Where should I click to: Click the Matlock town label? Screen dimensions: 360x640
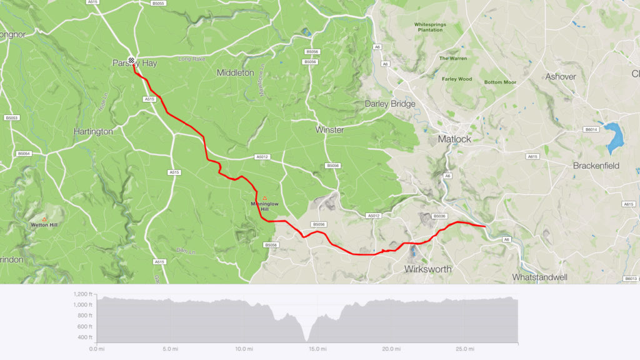(454, 139)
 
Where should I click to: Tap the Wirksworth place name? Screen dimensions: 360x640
(428, 269)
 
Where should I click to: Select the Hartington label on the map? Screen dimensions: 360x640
(93, 132)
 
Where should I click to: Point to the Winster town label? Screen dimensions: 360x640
(329, 130)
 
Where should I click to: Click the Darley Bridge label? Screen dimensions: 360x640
(390, 104)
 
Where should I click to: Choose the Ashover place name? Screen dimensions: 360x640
(560, 76)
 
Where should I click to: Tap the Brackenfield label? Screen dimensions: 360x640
(596, 166)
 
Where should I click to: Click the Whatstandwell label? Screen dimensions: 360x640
(539, 276)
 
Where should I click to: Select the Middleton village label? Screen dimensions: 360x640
(235, 72)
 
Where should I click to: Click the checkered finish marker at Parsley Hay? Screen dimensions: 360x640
(132, 61)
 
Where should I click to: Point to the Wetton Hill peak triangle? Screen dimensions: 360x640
(44, 218)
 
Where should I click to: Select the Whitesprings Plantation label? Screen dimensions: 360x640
(432, 27)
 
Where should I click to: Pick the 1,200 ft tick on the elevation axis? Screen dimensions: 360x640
(82, 294)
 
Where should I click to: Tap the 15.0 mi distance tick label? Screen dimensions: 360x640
(317, 349)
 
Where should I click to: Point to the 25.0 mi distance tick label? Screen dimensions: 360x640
(464, 349)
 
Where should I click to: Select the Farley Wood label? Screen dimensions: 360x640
(457, 79)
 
